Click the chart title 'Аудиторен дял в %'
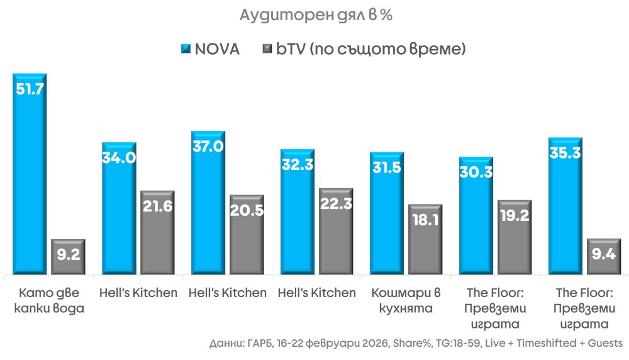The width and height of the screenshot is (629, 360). pos(316,16)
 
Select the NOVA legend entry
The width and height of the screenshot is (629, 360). pos(210,49)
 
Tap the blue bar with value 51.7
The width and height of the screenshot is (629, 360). pos(30,176)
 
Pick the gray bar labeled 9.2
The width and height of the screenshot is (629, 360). pos(68,257)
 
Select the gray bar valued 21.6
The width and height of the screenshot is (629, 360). pos(157,233)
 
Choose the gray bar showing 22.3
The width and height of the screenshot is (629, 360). pos(336,232)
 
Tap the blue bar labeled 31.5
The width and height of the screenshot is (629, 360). pos(386,214)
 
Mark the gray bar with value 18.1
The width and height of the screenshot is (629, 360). pos(425,240)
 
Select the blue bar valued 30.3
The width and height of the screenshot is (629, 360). pos(476,217)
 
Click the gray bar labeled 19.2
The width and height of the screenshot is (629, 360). pos(515,238)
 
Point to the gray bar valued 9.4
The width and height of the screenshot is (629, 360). pos(604,257)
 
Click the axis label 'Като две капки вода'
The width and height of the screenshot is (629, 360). pos(52,301)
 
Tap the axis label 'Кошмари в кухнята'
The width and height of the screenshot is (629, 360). pos(405,301)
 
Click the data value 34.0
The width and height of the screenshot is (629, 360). pos(119,157)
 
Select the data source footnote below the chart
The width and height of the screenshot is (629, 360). pos(416,344)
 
